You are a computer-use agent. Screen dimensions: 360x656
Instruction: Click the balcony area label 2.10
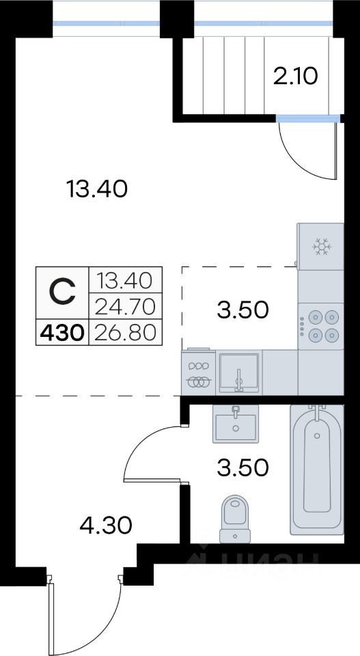point(296,77)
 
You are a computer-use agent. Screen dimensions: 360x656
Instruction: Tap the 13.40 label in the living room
point(96,189)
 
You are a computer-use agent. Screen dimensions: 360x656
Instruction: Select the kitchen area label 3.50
point(243,310)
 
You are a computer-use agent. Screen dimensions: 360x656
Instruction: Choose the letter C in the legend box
point(62,291)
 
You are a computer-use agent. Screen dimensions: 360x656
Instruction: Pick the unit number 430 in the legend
point(62,333)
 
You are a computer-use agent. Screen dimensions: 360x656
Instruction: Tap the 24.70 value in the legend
point(126,307)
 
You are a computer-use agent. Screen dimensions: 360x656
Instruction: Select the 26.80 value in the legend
point(126,333)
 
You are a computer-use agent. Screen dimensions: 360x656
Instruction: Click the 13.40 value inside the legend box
point(124,280)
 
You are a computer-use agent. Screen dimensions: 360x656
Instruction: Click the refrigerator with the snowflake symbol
point(320,247)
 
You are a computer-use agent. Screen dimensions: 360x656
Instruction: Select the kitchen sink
point(238,372)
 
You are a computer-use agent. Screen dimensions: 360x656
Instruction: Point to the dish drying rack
point(198,372)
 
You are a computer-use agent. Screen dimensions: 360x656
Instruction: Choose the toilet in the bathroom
point(235,519)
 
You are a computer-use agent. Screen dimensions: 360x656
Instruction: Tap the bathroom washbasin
point(236,424)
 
